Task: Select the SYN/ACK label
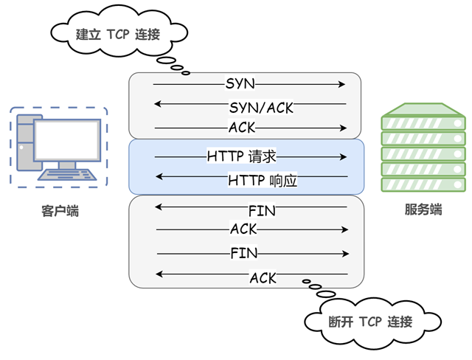click(x=261, y=108)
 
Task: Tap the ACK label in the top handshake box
click(x=242, y=128)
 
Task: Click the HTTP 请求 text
click(x=242, y=156)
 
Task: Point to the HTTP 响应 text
click(x=263, y=180)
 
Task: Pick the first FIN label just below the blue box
click(x=262, y=211)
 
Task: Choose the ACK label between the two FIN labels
click(x=243, y=229)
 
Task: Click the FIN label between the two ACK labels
click(x=243, y=253)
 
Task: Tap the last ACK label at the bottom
click(x=263, y=277)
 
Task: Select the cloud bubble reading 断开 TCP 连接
click(x=369, y=321)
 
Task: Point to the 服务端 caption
click(x=423, y=210)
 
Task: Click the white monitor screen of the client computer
click(x=67, y=139)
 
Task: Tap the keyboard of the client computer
click(x=69, y=175)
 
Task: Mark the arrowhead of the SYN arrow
click(x=343, y=84)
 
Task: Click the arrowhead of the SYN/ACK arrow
click(x=157, y=108)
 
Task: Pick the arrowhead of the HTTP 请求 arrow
click(x=343, y=156)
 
